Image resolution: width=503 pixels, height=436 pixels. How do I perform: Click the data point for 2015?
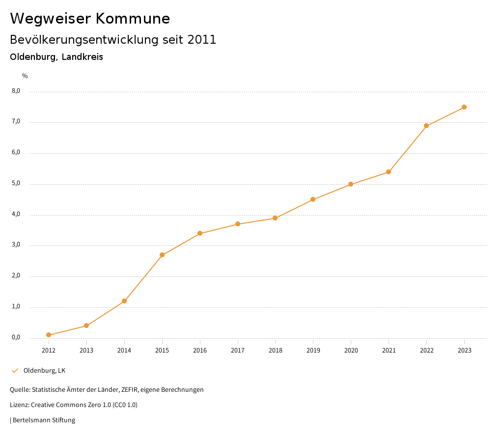tap(162, 255)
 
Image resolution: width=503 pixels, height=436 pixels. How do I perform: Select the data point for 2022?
tap(426, 126)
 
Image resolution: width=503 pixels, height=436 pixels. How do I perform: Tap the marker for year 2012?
tap(49, 335)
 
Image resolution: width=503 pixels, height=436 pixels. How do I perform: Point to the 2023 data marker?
tap(464, 107)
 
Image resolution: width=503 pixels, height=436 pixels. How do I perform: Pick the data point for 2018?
tap(275, 218)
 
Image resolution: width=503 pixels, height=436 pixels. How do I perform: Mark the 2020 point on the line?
tap(351, 184)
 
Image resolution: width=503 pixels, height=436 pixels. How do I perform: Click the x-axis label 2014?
tap(124, 350)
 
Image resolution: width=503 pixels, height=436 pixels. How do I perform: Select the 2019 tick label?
tap(313, 350)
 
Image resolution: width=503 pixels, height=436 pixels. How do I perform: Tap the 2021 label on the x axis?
tap(389, 350)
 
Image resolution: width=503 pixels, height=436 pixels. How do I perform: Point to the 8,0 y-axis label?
tap(16, 91)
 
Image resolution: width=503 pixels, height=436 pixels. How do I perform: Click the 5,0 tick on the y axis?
tap(16, 184)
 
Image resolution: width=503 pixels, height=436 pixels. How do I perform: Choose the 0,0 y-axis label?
tap(16, 337)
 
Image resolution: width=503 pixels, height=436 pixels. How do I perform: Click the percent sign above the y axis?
tap(25, 76)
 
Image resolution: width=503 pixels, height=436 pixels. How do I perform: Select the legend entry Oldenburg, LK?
tap(44, 370)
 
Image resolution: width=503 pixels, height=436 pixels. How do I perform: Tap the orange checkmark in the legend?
tap(15, 370)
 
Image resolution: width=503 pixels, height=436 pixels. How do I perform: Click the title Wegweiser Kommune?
tap(90, 18)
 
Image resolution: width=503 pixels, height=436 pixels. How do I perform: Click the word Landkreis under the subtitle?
tap(82, 57)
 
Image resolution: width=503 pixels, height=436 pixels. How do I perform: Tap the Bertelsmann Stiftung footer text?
tap(44, 420)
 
